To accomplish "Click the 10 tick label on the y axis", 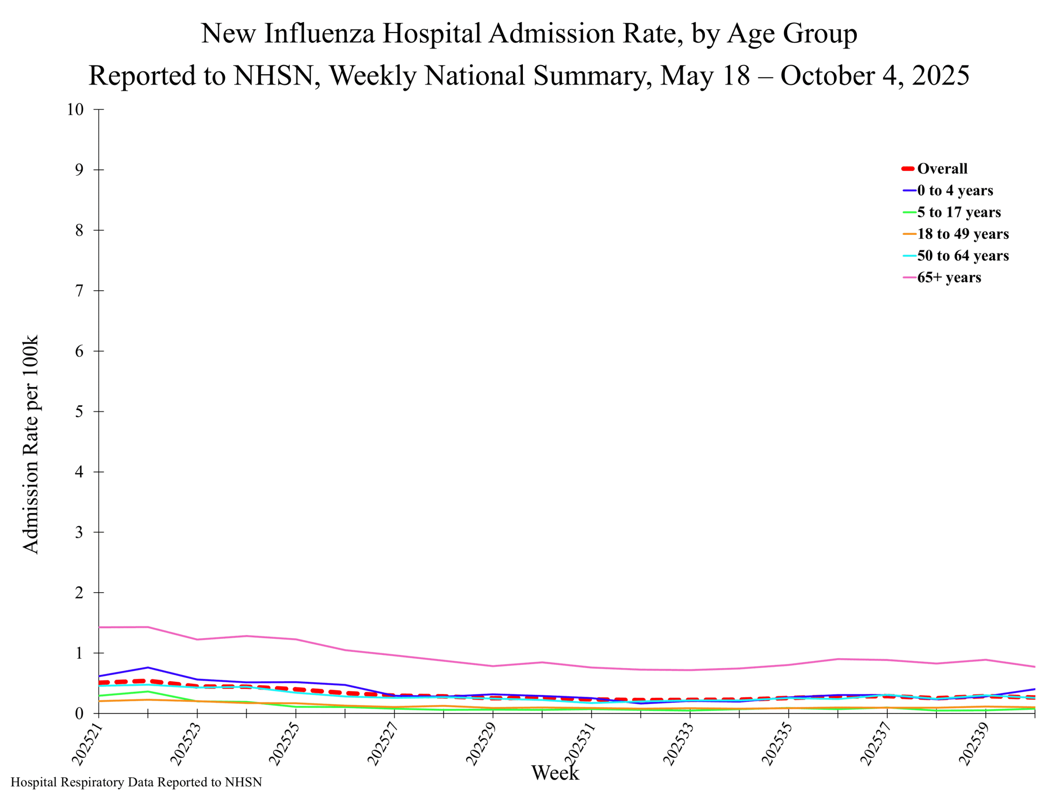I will coord(75,110).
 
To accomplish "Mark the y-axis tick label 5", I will coord(79,411).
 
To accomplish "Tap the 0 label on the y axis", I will coord(79,714).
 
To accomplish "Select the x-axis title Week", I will coord(555,772).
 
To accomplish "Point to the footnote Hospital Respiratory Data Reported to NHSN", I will coord(137,782).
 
